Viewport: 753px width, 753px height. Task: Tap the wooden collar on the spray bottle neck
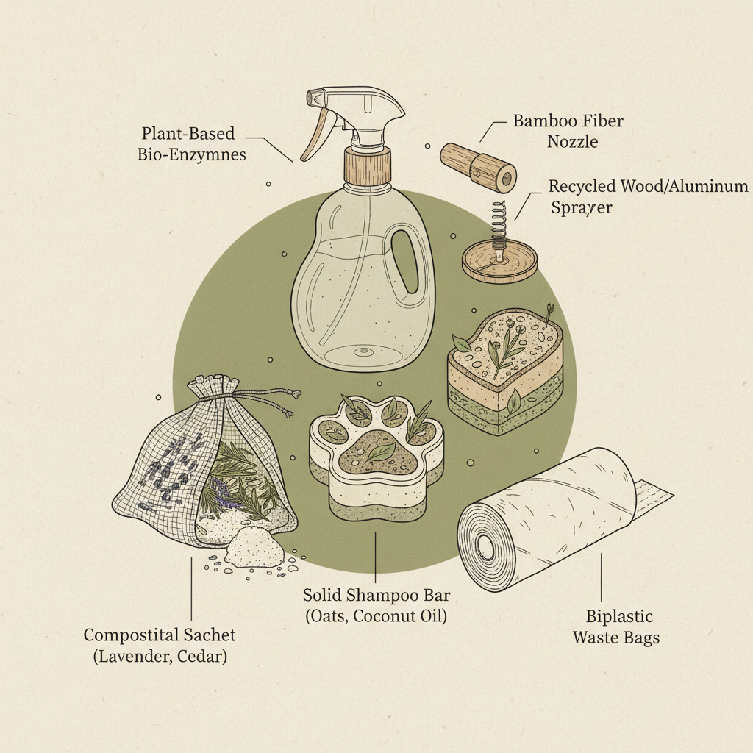(365, 160)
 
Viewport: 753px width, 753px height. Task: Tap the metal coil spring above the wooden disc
(499, 224)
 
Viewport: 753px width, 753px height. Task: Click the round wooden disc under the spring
(499, 263)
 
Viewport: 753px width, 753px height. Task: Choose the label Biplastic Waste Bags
(616, 627)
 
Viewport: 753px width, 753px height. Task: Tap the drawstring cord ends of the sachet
(289, 398)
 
